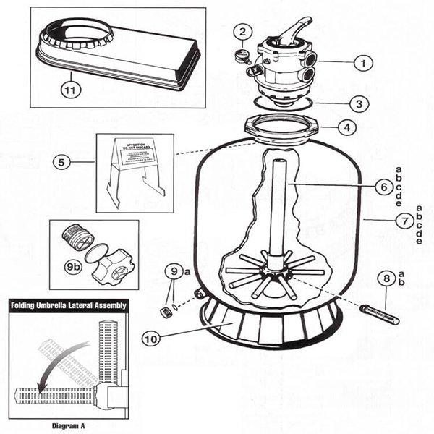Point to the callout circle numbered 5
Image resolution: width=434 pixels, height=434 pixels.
pyautogui.click(x=62, y=162)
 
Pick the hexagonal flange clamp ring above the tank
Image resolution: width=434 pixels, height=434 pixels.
pyautogui.click(x=285, y=127)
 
